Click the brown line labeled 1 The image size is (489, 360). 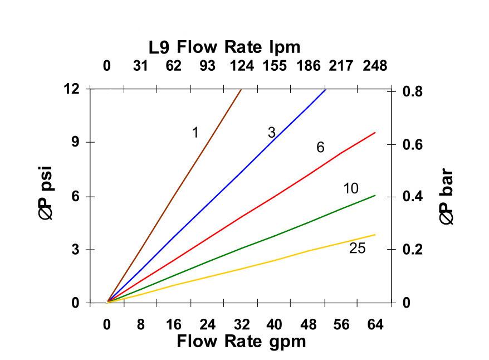[x=174, y=195]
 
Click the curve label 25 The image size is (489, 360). [x=357, y=249]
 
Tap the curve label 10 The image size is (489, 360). [x=350, y=188]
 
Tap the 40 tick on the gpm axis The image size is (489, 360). [x=274, y=324]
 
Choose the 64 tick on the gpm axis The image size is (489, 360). [x=375, y=324]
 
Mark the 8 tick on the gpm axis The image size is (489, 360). [x=140, y=324]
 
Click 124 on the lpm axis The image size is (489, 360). [x=241, y=66]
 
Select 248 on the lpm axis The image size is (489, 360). [x=375, y=66]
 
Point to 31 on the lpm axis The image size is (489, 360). [x=140, y=66]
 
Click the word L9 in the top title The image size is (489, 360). [x=159, y=47]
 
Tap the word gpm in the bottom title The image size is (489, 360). [x=285, y=341]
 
